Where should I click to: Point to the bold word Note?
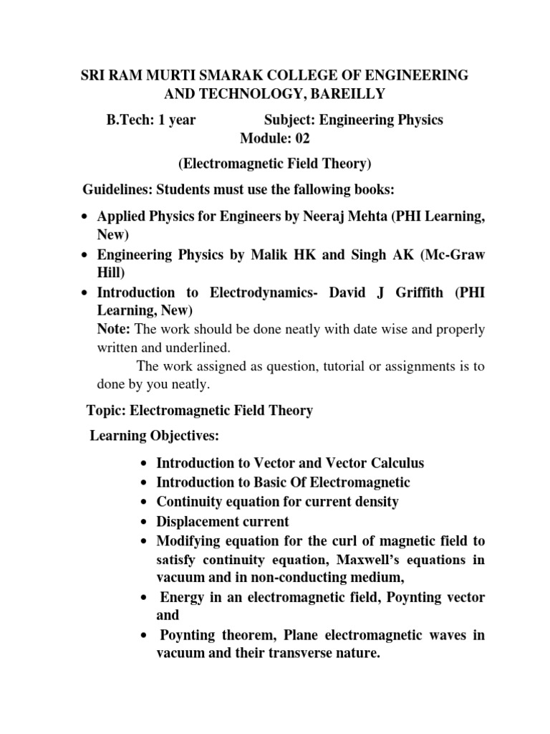click(x=114, y=329)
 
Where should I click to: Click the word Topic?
click(x=107, y=411)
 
